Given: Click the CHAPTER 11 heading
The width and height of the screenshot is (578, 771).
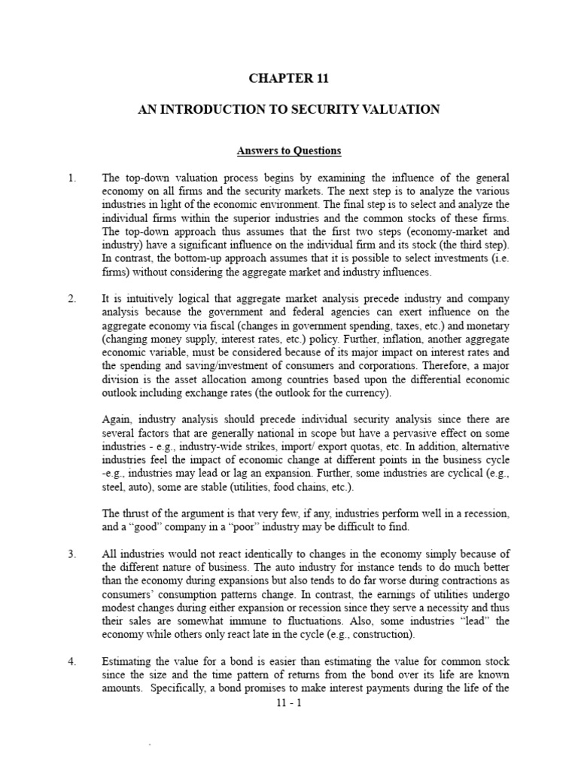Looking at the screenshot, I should click(289, 78).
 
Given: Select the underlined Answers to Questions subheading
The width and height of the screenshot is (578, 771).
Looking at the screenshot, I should click(289, 151).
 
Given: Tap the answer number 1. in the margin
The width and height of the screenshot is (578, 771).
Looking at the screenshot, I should click(72, 178).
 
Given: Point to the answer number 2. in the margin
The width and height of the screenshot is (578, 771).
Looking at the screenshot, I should click(72, 299).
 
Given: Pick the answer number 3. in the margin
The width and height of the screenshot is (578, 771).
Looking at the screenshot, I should click(72, 554).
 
